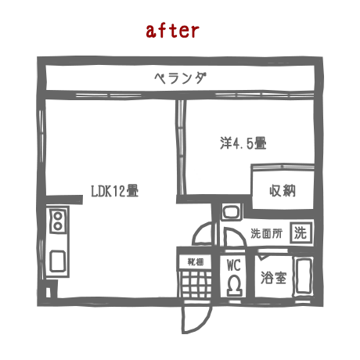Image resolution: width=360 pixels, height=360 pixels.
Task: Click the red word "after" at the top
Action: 172,31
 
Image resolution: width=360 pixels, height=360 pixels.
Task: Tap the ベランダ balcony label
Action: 180,78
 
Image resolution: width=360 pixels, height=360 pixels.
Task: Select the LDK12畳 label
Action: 114,191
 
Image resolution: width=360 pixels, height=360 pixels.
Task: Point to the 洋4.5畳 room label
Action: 243,143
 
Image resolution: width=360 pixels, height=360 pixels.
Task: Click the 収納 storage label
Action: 283,190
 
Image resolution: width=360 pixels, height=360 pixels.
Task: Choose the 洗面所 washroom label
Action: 266,233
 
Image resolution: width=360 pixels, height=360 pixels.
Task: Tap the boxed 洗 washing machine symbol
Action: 301,232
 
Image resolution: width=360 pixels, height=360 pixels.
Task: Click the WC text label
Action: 233,265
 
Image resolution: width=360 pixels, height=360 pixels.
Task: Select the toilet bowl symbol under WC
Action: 234,286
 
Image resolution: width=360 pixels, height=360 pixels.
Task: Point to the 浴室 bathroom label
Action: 273,278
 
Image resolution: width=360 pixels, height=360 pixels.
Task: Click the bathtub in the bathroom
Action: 304,276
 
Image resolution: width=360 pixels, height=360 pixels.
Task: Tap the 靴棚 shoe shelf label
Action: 196,261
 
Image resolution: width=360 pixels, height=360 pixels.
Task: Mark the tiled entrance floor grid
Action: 196,284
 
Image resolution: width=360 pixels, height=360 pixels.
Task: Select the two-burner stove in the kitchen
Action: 58,221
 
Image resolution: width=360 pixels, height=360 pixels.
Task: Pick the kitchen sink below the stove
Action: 57,261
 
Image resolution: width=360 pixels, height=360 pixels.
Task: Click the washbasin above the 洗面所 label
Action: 230,211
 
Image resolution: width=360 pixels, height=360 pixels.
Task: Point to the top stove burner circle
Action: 58,216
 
